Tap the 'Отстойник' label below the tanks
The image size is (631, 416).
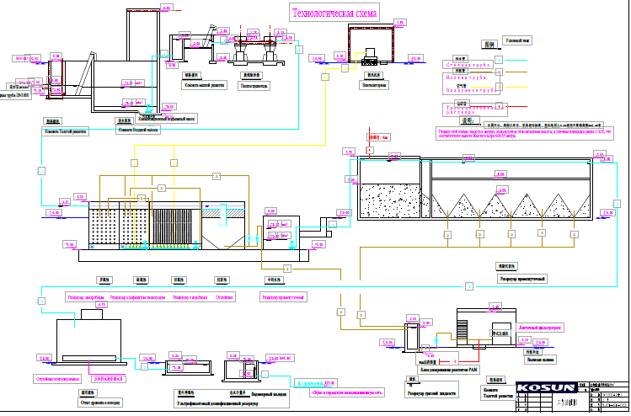click(225, 296)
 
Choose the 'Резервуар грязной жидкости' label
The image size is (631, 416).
click(430, 392)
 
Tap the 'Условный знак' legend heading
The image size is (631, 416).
click(515, 40)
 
